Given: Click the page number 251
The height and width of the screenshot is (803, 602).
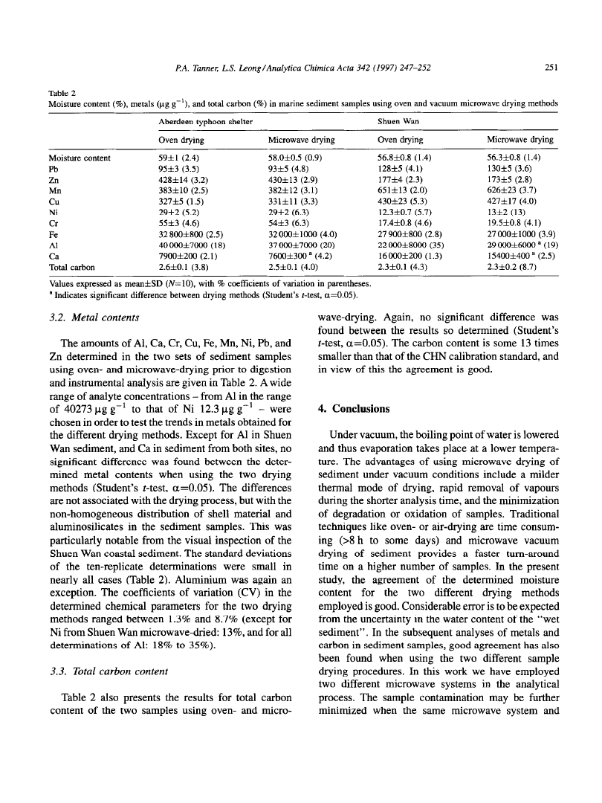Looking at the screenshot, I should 551,65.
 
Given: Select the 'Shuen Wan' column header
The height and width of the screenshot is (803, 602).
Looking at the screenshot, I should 398,120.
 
